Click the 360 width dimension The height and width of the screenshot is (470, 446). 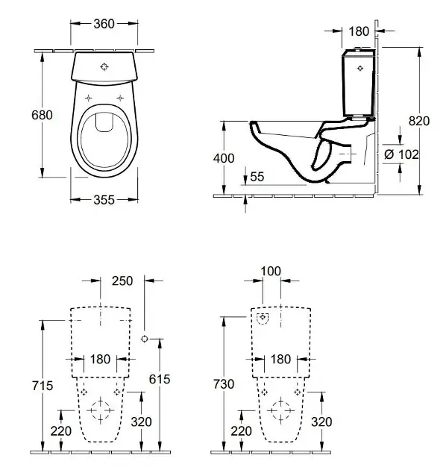pyautogui.click(x=104, y=24)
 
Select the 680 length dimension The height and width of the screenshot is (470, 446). pyautogui.click(x=42, y=115)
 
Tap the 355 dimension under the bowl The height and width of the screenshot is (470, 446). pyautogui.click(x=104, y=200)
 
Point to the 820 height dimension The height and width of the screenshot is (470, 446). pyautogui.click(x=419, y=121)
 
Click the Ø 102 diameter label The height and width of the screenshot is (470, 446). pyautogui.click(x=401, y=154)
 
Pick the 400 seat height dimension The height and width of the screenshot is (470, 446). pyautogui.click(x=224, y=158)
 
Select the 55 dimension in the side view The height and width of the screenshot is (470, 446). pyautogui.click(x=257, y=177)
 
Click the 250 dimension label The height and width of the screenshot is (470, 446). pyautogui.click(x=122, y=281)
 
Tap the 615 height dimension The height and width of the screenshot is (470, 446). pyautogui.click(x=160, y=379)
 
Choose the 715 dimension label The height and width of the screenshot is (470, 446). pyautogui.click(x=43, y=386)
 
